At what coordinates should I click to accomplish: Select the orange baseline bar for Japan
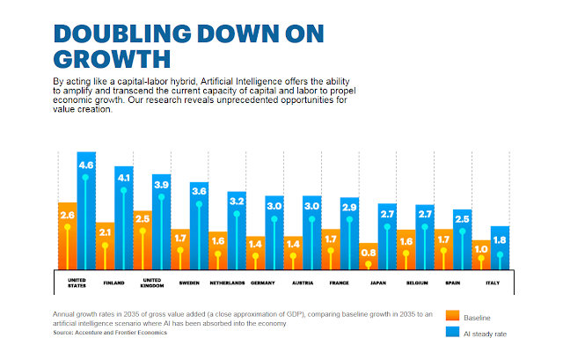[x=369, y=255]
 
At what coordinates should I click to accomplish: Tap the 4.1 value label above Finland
[x=124, y=175]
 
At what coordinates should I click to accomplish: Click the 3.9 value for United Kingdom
[x=162, y=184]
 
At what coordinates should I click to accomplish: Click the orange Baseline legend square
[x=453, y=316]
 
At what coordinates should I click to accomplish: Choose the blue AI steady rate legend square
[x=453, y=334]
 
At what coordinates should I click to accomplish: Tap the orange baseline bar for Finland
[x=105, y=246]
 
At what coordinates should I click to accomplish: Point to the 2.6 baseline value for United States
[x=67, y=214]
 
